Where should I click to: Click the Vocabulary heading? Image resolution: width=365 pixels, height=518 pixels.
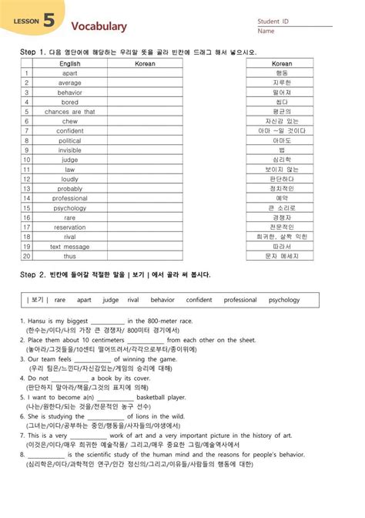pos(99,26)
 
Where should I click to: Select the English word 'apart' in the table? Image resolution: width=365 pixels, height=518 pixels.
pos(69,73)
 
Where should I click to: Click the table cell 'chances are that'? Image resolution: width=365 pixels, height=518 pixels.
pos(69,112)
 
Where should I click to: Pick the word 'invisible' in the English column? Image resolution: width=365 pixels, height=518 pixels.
pos(69,150)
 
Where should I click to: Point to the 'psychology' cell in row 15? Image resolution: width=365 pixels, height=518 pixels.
pos(69,208)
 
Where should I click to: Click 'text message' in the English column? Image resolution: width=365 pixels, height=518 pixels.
pos(69,247)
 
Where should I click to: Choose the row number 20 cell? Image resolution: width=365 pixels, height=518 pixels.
pos(25,256)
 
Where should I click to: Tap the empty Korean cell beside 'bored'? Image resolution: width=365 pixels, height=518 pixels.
pos(146,102)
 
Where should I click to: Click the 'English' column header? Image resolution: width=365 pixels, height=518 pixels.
pos(70,63)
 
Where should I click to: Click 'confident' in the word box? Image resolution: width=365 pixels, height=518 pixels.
pos(199,300)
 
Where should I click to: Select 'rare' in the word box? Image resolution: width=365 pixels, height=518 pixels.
pos(60,300)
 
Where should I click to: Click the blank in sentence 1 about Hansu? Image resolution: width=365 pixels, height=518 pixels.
pos(107,321)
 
